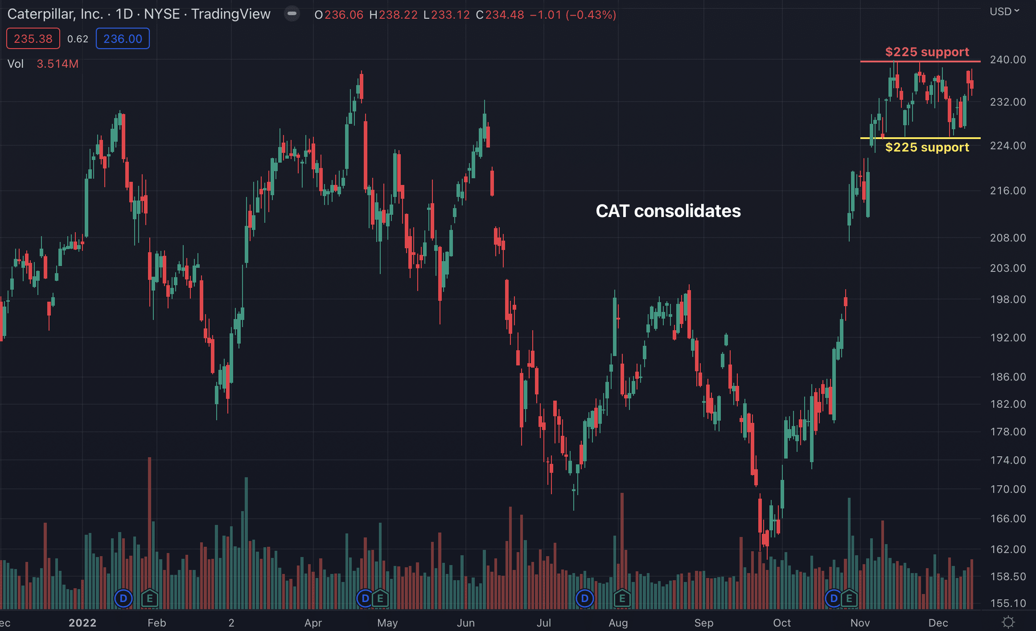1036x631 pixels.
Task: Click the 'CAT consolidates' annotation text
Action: point(668,211)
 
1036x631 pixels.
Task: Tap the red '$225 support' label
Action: point(927,52)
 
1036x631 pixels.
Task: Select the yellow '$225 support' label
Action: point(927,147)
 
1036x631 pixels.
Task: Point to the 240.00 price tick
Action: point(1007,60)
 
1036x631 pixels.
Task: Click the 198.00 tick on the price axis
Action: point(1007,299)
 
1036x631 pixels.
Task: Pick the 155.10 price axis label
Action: point(1007,603)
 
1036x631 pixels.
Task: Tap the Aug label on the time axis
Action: point(618,623)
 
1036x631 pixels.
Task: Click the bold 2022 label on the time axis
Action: point(82,623)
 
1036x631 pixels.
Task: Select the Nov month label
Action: point(860,623)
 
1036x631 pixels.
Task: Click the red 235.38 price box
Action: point(33,39)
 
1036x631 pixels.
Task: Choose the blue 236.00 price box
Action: point(123,39)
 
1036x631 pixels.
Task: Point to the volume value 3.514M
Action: point(58,64)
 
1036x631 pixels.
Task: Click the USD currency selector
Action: point(1004,12)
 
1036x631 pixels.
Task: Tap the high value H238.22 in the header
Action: point(393,15)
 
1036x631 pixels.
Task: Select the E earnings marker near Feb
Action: point(150,598)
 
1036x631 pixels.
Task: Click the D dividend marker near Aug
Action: point(584,598)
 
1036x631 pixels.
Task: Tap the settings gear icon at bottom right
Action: point(1008,622)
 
